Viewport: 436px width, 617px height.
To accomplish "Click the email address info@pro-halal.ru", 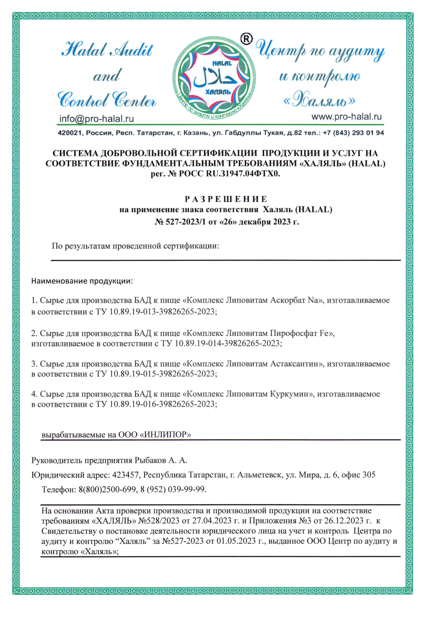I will pos(97,118).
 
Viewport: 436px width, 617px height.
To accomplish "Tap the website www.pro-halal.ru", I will pos(346,117).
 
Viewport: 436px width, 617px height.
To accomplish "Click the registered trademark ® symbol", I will pos(246,39).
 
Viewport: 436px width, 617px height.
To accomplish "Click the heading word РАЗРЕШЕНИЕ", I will pos(226,199).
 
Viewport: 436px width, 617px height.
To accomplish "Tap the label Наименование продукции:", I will pos(82,281).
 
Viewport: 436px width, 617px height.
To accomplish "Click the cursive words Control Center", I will pos(107,100).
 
